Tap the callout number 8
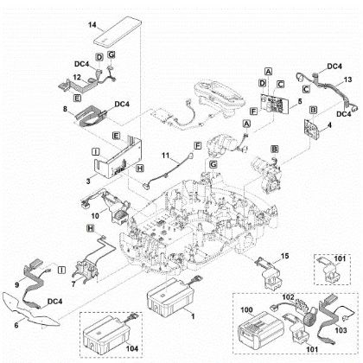pyautogui.click(x=65, y=110)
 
